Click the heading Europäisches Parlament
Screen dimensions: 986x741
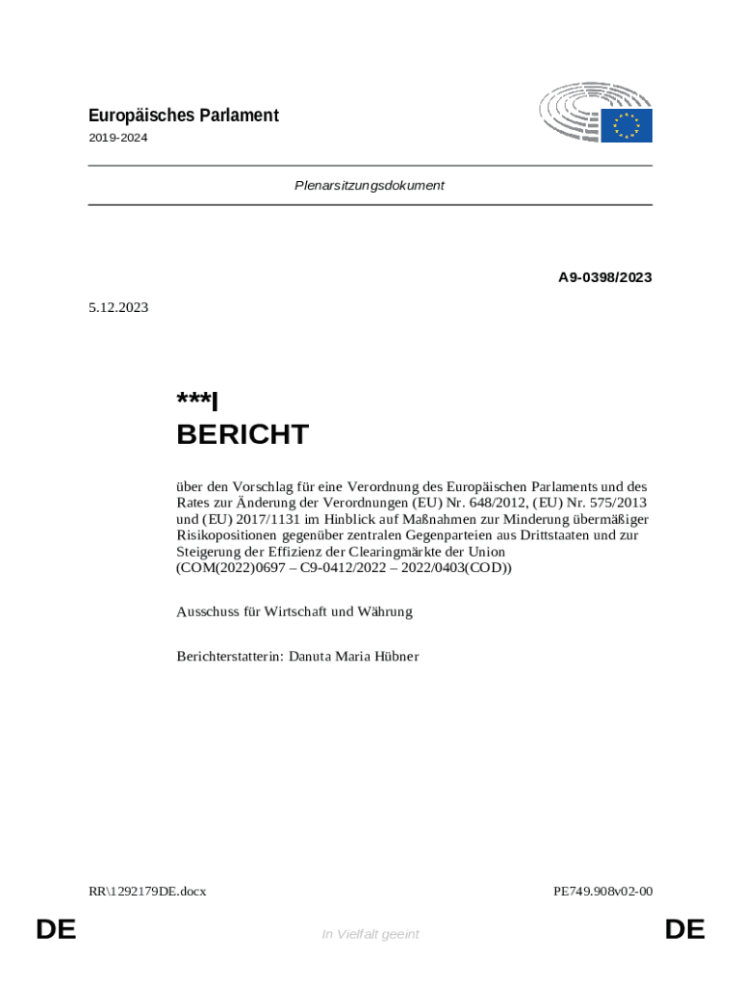click(183, 116)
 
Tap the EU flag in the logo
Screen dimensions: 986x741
click(627, 125)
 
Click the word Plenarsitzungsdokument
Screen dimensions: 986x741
click(370, 185)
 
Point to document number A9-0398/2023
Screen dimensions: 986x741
click(605, 277)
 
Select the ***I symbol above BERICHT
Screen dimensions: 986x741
click(197, 401)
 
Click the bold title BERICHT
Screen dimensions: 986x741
click(243, 434)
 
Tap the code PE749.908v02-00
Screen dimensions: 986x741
click(602, 891)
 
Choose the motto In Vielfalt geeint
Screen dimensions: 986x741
click(370, 934)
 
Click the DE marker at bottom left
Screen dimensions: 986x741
click(56, 929)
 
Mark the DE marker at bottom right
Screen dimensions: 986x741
click(684, 929)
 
